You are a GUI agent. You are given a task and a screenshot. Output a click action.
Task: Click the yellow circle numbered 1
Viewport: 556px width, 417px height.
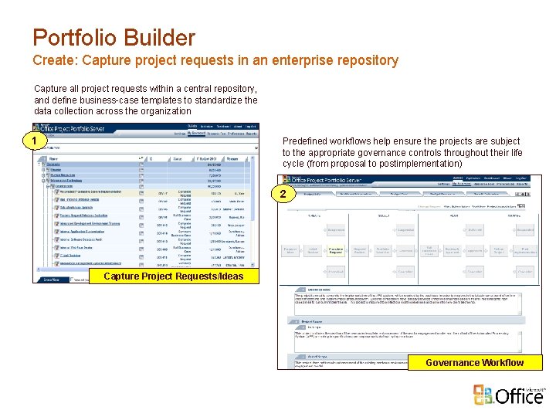tap(32, 141)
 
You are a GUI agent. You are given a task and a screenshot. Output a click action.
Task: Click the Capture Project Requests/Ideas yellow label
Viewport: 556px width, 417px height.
tap(173, 276)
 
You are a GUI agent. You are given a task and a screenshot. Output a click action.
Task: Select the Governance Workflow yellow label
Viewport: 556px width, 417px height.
tap(474, 362)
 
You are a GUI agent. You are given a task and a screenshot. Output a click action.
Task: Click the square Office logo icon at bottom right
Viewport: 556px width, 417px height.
tap(482, 395)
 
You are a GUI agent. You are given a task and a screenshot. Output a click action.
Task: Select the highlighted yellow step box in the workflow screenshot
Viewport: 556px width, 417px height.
tap(336, 250)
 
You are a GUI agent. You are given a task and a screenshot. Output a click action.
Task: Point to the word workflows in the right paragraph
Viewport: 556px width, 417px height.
tap(361, 141)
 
